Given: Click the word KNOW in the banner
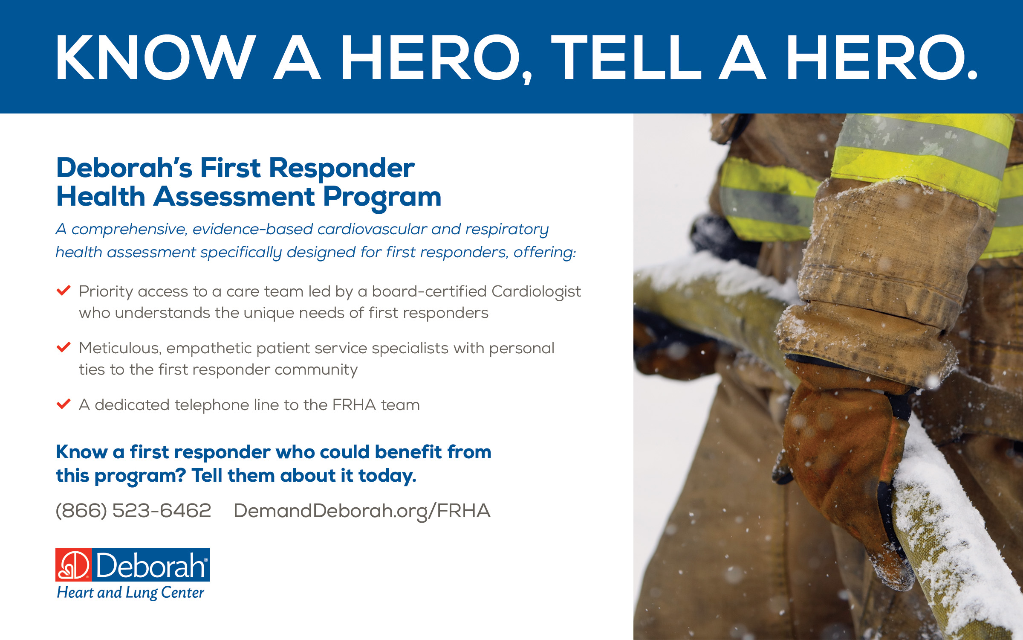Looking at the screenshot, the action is click(x=156, y=58).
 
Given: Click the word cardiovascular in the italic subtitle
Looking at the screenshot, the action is click(x=372, y=229).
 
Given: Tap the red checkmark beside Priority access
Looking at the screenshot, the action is click(x=64, y=291).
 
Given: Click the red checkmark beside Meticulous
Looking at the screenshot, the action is click(x=64, y=347).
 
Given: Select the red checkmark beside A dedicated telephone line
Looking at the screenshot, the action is click(x=64, y=404).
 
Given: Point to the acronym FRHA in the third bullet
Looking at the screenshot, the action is click(x=354, y=405).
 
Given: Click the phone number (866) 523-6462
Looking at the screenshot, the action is click(x=133, y=511).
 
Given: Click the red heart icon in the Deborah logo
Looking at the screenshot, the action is click(x=73, y=565).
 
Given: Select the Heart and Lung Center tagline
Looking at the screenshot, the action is click(x=130, y=593).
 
